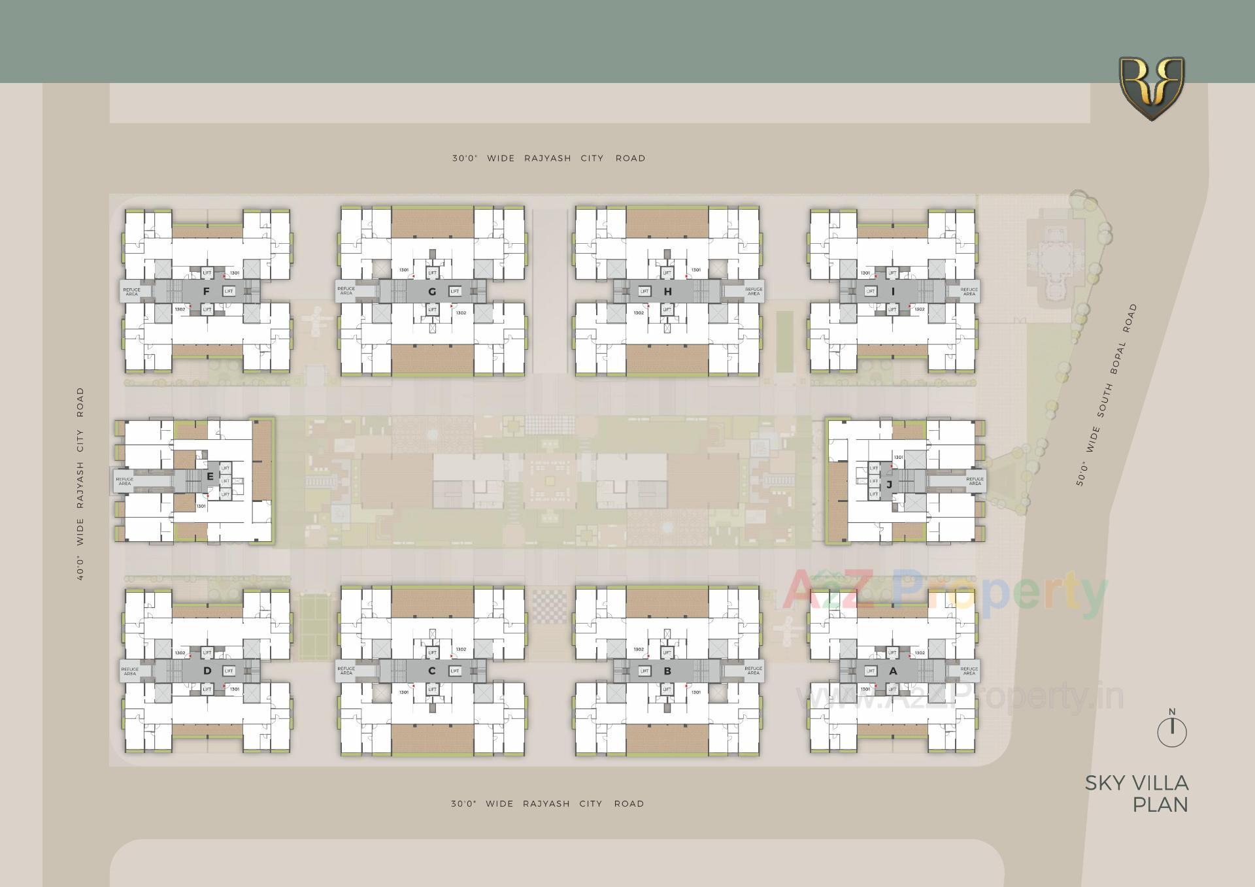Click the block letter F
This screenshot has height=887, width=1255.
(x=207, y=292)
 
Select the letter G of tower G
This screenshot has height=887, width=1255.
(x=432, y=292)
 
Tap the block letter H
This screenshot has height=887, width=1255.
(x=667, y=292)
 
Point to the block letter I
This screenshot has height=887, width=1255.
(x=893, y=292)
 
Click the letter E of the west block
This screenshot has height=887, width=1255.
(x=210, y=477)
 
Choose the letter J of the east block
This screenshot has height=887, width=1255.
(x=890, y=484)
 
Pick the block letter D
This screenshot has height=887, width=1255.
(x=207, y=671)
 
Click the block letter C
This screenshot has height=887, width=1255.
(x=432, y=671)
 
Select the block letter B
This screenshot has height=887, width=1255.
(x=667, y=671)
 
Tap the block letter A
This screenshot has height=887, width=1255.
(x=893, y=671)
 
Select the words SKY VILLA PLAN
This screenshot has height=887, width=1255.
(x=1137, y=794)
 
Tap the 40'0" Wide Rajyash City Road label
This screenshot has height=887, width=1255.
(x=80, y=484)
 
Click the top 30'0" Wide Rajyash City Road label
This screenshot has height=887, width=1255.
(x=548, y=158)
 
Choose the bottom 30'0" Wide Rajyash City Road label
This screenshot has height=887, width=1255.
(x=547, y=804)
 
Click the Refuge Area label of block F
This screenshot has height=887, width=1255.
(x=131, y=292)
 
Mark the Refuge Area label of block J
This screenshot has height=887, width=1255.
(x=975, y=481)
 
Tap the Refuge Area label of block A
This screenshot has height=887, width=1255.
(x=969, y=671)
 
